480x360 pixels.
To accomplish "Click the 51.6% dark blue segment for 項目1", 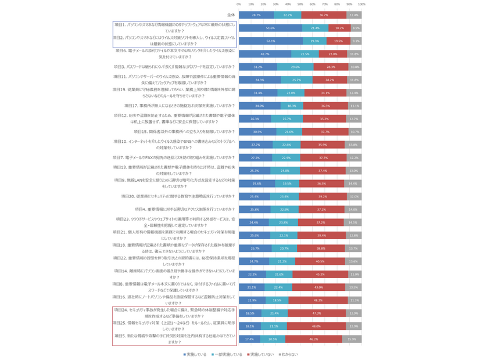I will pyautogui.click(x=270, y=27).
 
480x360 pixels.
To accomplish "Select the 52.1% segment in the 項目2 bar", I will pyautogui.click(x=271, y=41).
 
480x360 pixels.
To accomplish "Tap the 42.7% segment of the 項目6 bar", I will pyautogui.click(x=265, y=54).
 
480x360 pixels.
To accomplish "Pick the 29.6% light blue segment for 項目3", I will pyautogui.click(x=295, y=67).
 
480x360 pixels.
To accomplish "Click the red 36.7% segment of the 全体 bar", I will pyautogui.click(x=324, y=15).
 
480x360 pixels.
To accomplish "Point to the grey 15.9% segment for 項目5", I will pyautogui.click(x=352, y=338).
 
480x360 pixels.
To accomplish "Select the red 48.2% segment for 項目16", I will pyautogui.click(x=318, y=300).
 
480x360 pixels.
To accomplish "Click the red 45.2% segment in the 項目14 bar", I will pyautogui.click(x=320, y=274).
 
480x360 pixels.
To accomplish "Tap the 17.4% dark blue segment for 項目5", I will pyautogui.click(x=249, y=338).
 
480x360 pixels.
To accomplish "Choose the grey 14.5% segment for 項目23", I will pyautogui.click(x=352, y=222).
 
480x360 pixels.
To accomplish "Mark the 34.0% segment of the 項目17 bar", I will pyautogui.click(x=259, y=106).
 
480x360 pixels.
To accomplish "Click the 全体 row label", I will pyautogui.click(x=231, y=15).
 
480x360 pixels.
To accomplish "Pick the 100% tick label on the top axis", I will pyautogui.click(x=361, y=4).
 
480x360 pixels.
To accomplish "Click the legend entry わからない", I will pyautogui.click(x=289, y=354).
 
